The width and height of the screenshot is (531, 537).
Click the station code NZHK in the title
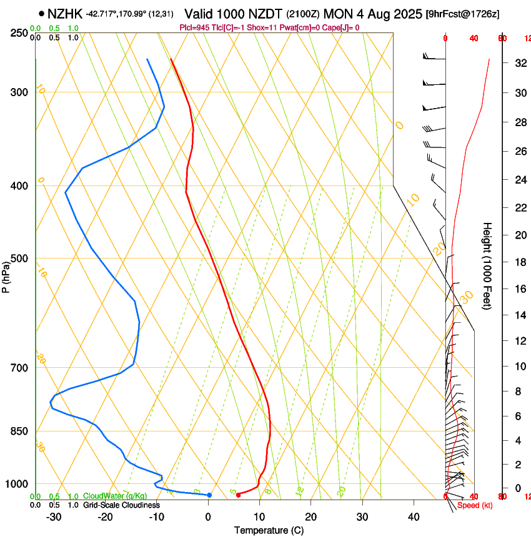pyautogui.click(x=65, y=13)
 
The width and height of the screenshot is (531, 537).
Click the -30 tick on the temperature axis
pyautogui.click(x=54, y=516)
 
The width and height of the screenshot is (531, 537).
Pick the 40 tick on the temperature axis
pyautogui.click(x=413, y=516)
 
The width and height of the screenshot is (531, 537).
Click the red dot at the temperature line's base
pyautogui.click(x=238, y=495)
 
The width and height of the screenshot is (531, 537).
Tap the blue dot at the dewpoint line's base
pyautogui.click(x=209, y=495)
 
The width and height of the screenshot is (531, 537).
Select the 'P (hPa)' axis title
pyautogui.click(x=6, y=275)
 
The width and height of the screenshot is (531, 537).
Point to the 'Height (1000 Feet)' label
pyautogui.click(x=488, y=265)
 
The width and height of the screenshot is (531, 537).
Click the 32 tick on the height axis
pyautogui.click(x=519, y=63)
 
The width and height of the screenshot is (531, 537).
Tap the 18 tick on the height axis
pyautogui.click(x=519, y=262)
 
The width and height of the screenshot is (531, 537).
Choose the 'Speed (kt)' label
pyautogui.click(x=475, y=505)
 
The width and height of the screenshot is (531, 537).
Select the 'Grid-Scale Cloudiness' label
pyautogui.click(x=121, y=505)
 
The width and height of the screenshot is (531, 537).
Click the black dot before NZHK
pyautogui.click(x=41, y=13)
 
